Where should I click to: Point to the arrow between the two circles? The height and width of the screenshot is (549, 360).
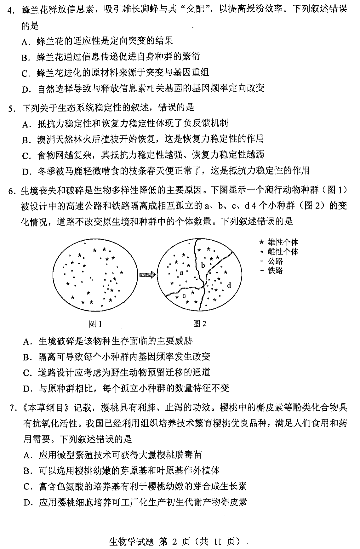tap(147, 275)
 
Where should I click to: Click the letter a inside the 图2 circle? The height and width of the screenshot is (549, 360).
tap(182, 273)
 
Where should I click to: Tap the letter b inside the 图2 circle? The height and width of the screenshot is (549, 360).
tap(203, 265)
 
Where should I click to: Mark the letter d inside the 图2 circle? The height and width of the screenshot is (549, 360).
tap(229, 285)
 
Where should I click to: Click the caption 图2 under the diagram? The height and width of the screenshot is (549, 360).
tap(200, 324)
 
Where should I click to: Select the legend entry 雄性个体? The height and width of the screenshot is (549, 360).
tap(283, 242)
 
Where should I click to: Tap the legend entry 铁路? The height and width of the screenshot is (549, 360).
tap(275, 271)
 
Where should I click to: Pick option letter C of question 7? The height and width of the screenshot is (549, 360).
tap(27, 487)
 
